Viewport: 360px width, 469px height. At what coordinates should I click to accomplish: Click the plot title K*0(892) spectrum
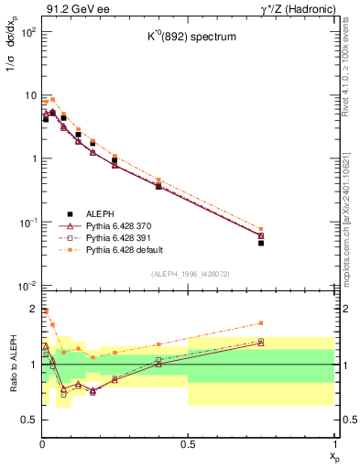coord(187,38)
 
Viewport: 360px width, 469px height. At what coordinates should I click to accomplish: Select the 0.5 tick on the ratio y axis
coord(28,420)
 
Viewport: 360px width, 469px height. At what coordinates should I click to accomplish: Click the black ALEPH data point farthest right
coord(261,243)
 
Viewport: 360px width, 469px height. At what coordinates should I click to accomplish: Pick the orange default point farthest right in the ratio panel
coord(261,322)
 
